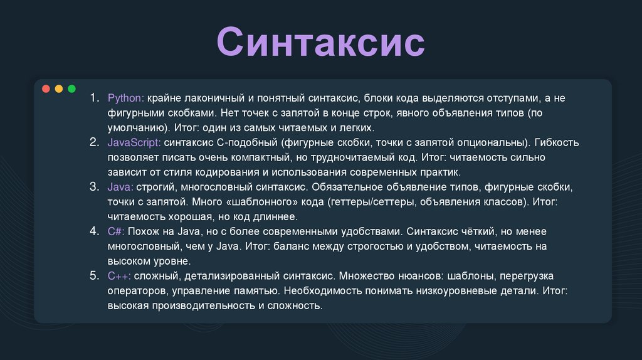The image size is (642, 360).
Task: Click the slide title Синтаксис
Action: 321,43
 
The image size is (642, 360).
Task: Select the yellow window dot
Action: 59,88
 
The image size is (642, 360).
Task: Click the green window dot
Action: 71,88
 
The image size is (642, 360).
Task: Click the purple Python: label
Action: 126,99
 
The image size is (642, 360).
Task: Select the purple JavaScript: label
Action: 134,142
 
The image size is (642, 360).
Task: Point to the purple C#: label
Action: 116,231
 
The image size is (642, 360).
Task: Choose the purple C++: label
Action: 118,276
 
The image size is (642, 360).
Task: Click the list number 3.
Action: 93,187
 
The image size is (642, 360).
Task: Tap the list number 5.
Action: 93,276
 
